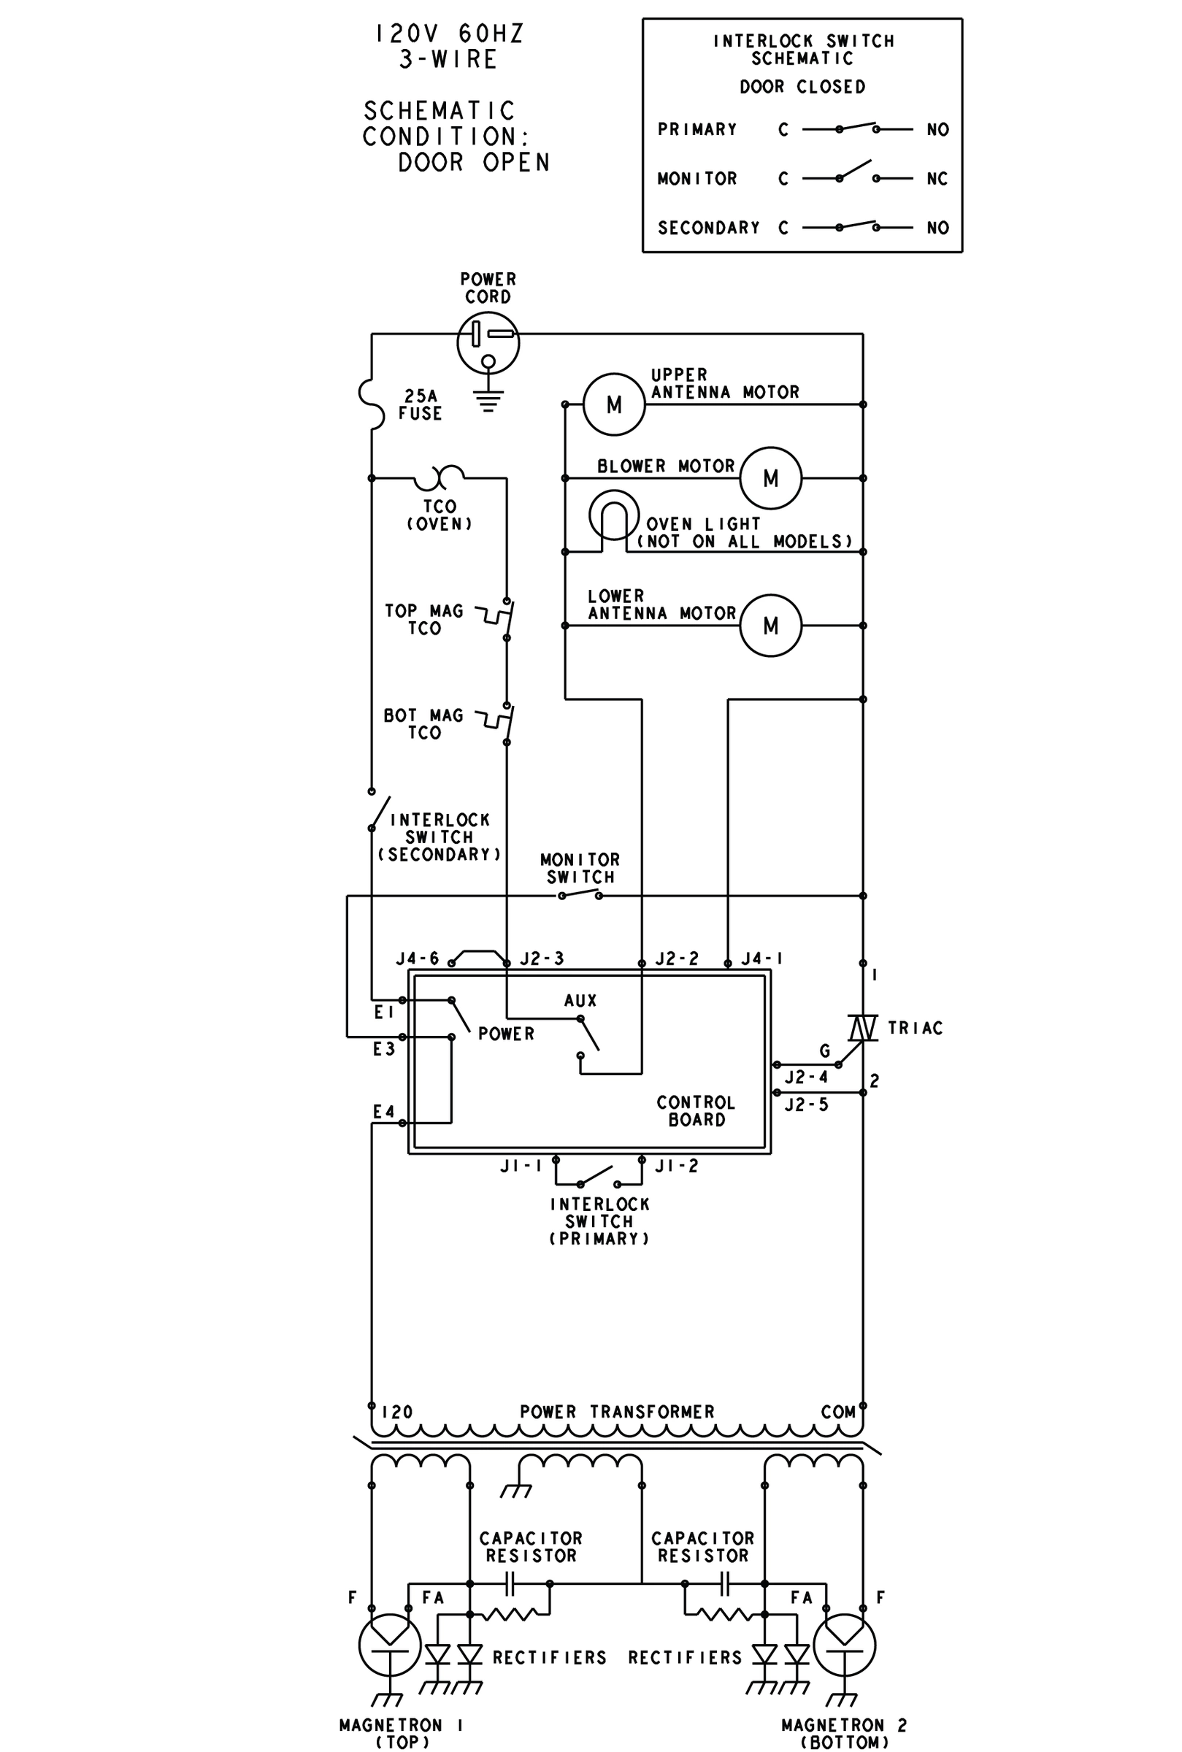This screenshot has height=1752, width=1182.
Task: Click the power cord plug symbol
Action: point(488,343)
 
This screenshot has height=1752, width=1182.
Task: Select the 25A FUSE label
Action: point(421,404)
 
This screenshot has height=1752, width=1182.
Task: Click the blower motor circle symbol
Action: point(770,477)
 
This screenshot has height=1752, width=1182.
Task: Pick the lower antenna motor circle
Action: point(770,626)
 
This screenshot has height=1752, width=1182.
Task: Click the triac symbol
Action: point(862,1027)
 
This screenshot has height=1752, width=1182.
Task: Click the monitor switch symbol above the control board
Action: point(580,894)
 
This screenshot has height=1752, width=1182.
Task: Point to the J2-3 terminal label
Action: point(542,958)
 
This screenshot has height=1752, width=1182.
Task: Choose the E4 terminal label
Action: point(384,1112)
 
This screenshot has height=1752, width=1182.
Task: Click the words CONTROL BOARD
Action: point(695,1111)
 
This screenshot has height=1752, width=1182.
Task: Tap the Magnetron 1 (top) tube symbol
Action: point(389,1645)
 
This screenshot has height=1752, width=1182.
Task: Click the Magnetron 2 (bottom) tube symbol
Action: point(844,1645)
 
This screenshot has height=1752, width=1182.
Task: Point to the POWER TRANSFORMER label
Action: point(617,1412)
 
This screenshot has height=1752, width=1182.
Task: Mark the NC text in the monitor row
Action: point(937,179)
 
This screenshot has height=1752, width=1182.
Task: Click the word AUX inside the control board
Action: point(580,1001)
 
